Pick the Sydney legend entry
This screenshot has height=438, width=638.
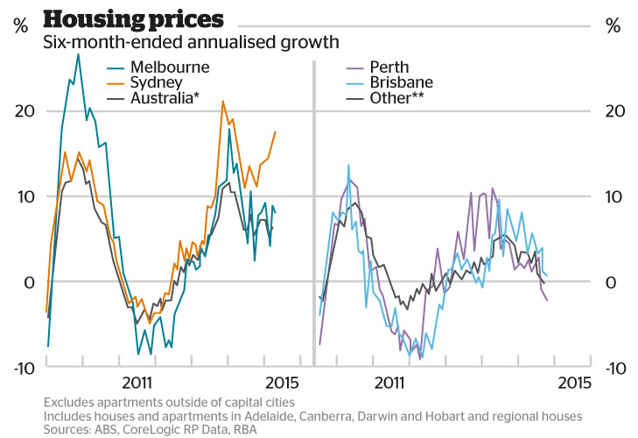(x=157, y=82)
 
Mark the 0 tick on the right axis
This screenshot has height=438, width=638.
(x=611, y=282)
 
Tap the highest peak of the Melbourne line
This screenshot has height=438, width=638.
(x=78, y=54)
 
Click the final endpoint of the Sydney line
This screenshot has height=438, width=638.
(x=275, y=131)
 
